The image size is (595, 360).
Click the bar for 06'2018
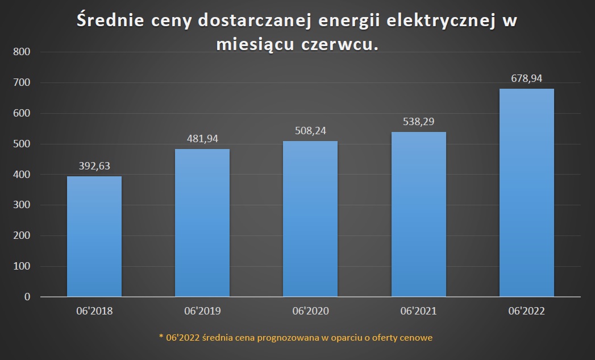click(x=94, y=236)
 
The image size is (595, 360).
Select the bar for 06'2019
click(x=202, y=222)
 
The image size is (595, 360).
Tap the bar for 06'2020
click(x=310, y=218)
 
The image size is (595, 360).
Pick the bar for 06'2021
click(x=419, y=214)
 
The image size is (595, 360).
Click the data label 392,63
click(x=94, y=166)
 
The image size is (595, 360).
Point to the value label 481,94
click(x=202, y=139)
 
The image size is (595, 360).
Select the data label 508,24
click(x=310, y=131)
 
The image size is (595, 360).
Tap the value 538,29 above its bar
click(x=419, y=121)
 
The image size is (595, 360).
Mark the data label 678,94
click(x=527, y=78)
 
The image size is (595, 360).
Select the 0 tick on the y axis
click(x=27, y=297)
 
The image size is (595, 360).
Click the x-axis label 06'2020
click(x=310, y=311)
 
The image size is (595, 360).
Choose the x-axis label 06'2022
click(x=527, y=311)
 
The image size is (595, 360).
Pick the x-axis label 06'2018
click(x=94, y=311)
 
